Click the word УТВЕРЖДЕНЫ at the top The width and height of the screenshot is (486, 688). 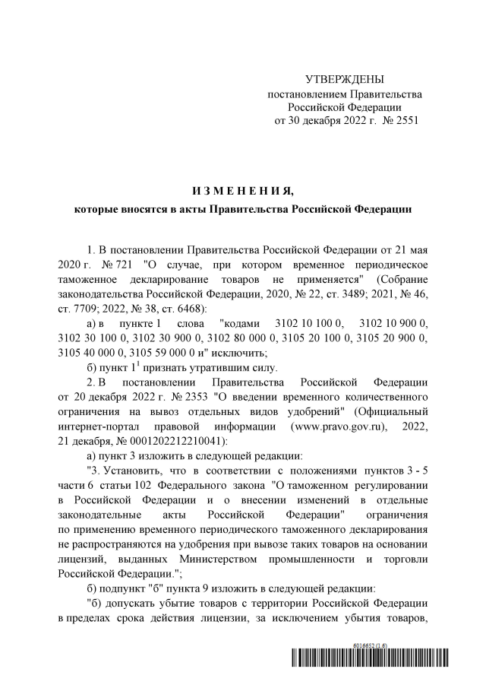tap(344, 80)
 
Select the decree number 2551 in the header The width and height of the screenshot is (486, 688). tap(402, 121)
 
